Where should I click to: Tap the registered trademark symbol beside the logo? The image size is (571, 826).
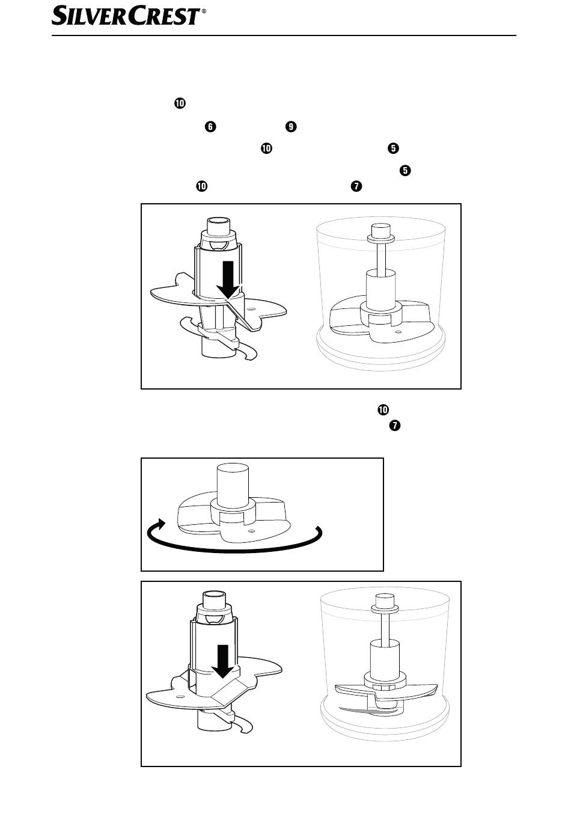point(204,11)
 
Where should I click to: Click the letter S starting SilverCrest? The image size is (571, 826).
point(60,16)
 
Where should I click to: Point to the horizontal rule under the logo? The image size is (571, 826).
point(284,35)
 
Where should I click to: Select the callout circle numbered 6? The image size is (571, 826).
point(210,126)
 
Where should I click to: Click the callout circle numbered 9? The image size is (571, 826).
point(291,126)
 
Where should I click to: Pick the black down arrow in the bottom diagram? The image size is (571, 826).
point(222,661)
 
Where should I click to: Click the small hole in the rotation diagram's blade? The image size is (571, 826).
point(251,531)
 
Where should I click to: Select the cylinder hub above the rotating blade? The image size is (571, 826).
point(233,485)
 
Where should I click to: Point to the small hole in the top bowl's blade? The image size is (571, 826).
point(398,332)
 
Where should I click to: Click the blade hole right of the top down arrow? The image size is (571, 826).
point(252,308)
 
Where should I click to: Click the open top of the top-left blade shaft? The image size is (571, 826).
point(219,220)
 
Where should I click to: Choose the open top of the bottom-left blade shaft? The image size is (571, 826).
point(214,593)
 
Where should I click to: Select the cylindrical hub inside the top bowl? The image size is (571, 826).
point(381,290)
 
